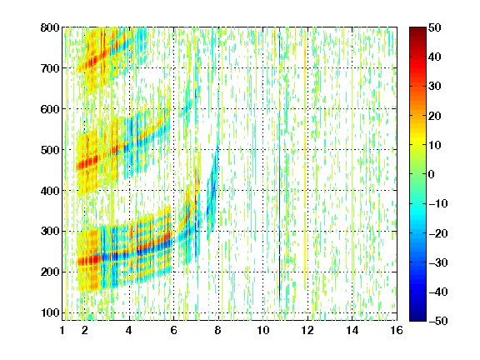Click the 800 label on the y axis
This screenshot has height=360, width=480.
[50, 27]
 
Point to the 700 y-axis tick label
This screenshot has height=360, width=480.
[50, 68]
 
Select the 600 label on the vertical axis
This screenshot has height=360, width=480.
[50, 109]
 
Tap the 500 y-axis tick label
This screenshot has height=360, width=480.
[50, 150]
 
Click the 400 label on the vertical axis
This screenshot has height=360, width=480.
[50, 190]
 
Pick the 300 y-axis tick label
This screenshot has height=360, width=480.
[50, 231]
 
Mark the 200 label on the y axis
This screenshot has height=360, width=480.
[50, 272]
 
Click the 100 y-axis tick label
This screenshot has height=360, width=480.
[50, 312]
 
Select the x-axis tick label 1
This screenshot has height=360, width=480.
[62, 330]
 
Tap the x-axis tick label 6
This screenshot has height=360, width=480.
[174, 330]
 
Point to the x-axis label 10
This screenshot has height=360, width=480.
[263, 330]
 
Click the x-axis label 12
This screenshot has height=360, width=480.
[307, 330]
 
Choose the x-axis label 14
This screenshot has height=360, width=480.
[352, 330]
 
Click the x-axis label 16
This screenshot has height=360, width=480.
[397, 330]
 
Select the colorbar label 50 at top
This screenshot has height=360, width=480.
[435, 27]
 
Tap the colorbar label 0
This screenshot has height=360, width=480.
[432, 174]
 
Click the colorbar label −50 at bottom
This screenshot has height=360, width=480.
[438, 321]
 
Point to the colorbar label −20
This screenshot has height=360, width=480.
[438, 233]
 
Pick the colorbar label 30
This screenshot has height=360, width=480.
[435, 86]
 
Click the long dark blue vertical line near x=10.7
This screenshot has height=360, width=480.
[279, 165]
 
